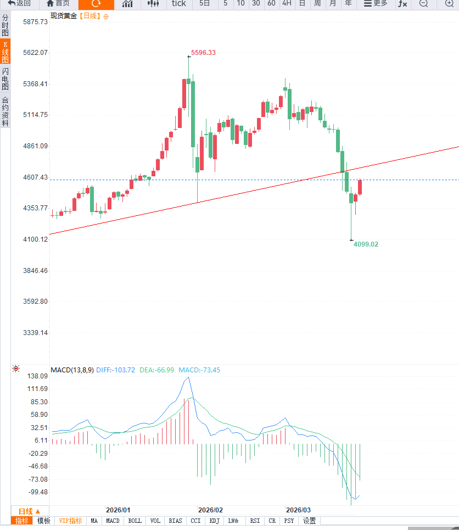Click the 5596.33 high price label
coord(203,53)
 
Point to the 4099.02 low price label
coord(366,244)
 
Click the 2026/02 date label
coord(210,510)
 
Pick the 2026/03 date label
coord(298,510)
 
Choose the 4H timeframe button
coord(287,4)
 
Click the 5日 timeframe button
coord(205,4)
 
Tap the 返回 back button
coord(19,4)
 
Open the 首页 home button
coord(58,4)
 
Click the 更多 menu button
coord(376,4)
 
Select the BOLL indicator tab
coord(135,521)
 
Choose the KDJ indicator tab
coord(215,521)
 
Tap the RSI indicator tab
coord(255,521)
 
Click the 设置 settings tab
coord(310,521)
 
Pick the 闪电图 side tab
coord(5,79)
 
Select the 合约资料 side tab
coord(5,111)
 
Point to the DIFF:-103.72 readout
coord(115,370)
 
